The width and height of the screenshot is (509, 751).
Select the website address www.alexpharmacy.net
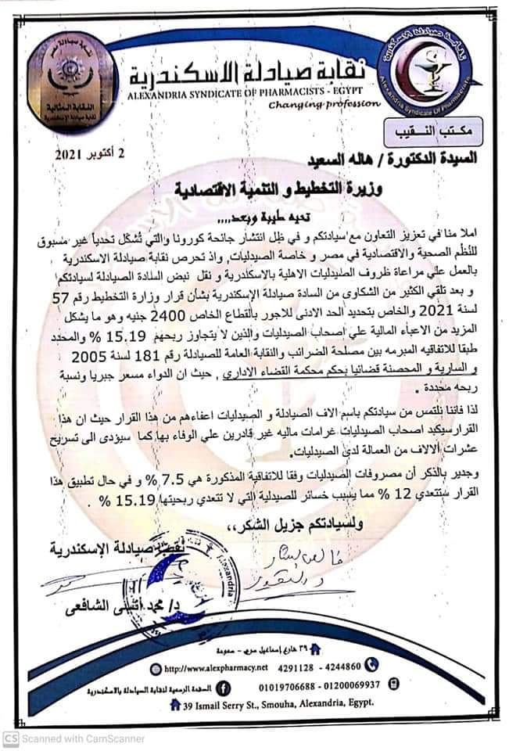221,666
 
